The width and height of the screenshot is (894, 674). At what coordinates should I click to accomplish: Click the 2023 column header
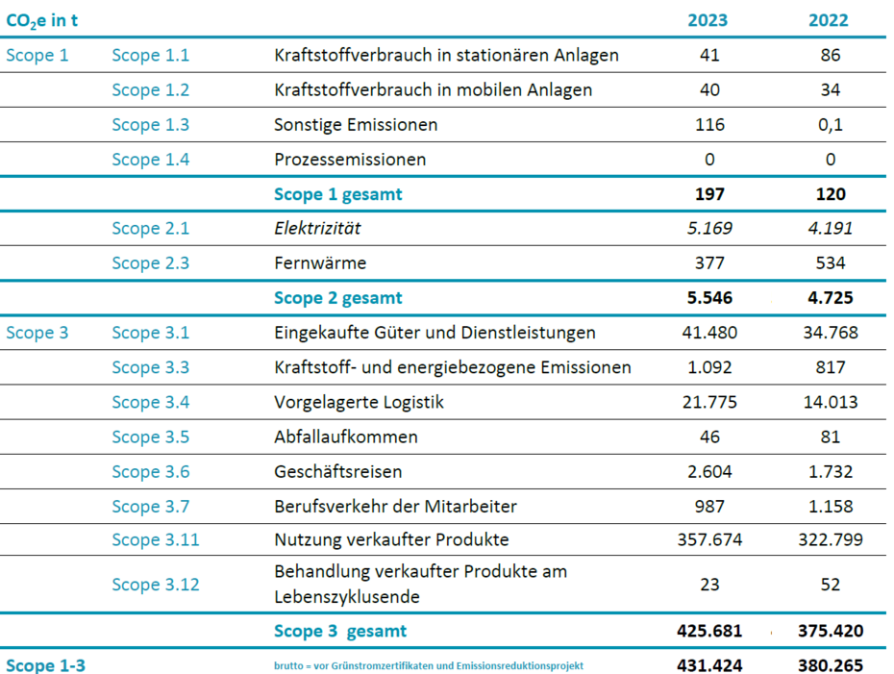(x=708, y=20)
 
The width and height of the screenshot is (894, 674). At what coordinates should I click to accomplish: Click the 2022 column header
(x=829, y=20)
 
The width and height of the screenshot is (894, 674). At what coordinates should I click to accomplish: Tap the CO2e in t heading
(x=41, y=21)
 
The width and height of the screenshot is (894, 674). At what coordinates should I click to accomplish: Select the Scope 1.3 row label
(x=151, y=124)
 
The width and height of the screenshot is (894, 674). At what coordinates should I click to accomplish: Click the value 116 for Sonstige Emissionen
(x=709, y=124)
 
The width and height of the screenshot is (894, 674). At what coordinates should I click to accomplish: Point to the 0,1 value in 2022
(x=831, y=125)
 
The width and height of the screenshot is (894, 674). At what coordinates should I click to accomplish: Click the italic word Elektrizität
(x=317, y=228)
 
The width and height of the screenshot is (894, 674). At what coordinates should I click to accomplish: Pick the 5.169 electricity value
(x=709, y=228)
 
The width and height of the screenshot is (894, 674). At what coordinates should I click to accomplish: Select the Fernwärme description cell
(x=320, y=262)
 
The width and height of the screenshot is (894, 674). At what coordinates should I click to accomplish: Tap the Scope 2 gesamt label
(x=338, y=298)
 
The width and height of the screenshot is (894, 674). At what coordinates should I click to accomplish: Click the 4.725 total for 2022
(x=831, y=298)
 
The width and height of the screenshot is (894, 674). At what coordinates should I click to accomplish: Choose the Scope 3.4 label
(x=151, y=402)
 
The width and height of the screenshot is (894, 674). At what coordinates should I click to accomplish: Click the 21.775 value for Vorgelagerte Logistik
(x=709, y=402)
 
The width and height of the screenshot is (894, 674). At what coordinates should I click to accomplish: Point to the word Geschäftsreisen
(x=338, y=471)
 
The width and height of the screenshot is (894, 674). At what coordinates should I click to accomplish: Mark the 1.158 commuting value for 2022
(x=831, y=507)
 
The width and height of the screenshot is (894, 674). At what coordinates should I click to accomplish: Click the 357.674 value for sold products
(x=709, y=539)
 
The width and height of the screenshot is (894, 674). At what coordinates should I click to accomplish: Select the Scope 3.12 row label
(x=156, y=585)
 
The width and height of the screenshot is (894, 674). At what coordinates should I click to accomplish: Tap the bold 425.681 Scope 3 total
(x=709, y=631)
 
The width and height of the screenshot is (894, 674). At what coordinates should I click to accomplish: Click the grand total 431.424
(x=709, y=665)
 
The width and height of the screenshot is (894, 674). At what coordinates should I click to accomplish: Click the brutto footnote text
(x=428, y=665)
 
